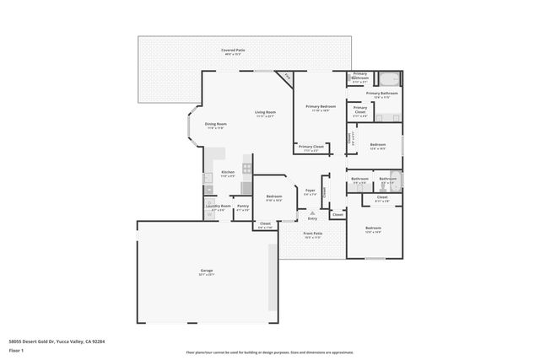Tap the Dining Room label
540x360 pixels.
coord(215,124)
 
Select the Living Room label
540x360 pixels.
coord(267,112)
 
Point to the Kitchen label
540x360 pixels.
coord(228,172)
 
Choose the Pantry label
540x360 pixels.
coord(242,206)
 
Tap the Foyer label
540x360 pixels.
coord(310,191)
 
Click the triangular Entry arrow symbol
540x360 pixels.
coord(312,212)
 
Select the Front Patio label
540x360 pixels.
coord(312,234)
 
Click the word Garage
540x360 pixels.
coord(207,271)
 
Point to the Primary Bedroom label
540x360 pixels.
coord(321,106)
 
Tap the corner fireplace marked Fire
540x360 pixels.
coord(287,77)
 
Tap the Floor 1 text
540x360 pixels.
coord(16,351)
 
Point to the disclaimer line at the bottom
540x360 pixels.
coord(270,352)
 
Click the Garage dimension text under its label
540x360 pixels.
coord(207,275)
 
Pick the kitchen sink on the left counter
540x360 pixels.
coord(208,178)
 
